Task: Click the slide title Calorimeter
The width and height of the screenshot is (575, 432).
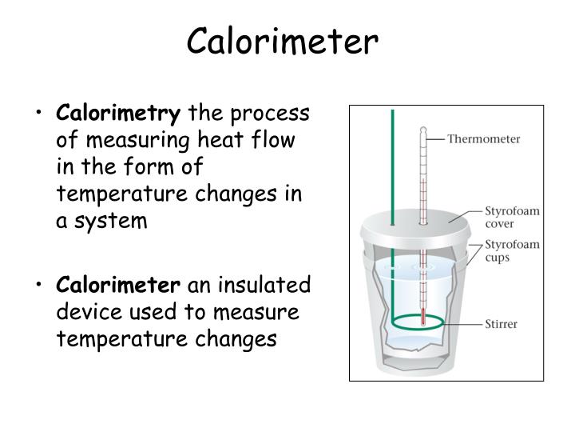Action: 282,42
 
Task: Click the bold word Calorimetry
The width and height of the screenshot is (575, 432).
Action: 119,114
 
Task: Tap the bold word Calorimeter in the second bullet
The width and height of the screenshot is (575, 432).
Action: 118,285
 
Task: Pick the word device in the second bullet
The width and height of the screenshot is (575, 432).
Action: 83,311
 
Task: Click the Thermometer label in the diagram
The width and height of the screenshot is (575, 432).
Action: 483,138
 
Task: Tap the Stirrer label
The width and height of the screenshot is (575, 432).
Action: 502,324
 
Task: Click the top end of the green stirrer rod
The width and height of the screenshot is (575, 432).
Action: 392,112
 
